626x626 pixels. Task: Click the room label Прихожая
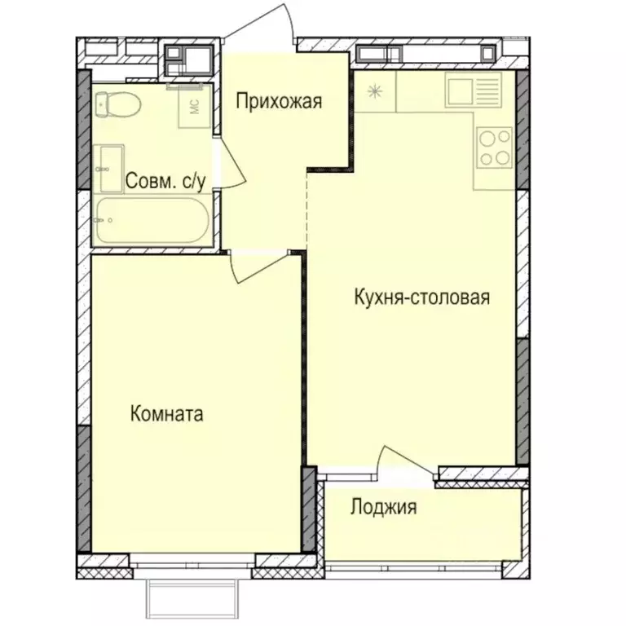pyautogui.click(x=279, y=102)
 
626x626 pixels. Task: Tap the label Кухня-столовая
pyautogui.click(x=421, y=297)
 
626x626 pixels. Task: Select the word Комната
pyautogui.click(x=166, y=414)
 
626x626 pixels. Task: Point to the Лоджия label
pyautogui.click(x=383, y=508)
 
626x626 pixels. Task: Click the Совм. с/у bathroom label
pyautogui.click(x=165, y=181)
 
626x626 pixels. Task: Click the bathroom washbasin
pyautogui.click(x=108, y=165)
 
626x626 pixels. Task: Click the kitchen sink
pyautogui.click(x=473, y=91)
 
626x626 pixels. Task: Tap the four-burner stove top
pyautogui.click(x=493, y=148)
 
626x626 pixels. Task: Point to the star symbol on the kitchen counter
pyautogui.click(x=375, y=91)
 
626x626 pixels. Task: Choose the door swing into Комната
pyautogui.click(x=257, y=266)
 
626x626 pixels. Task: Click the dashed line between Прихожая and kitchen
pyautogui.click(x=306, y=210)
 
